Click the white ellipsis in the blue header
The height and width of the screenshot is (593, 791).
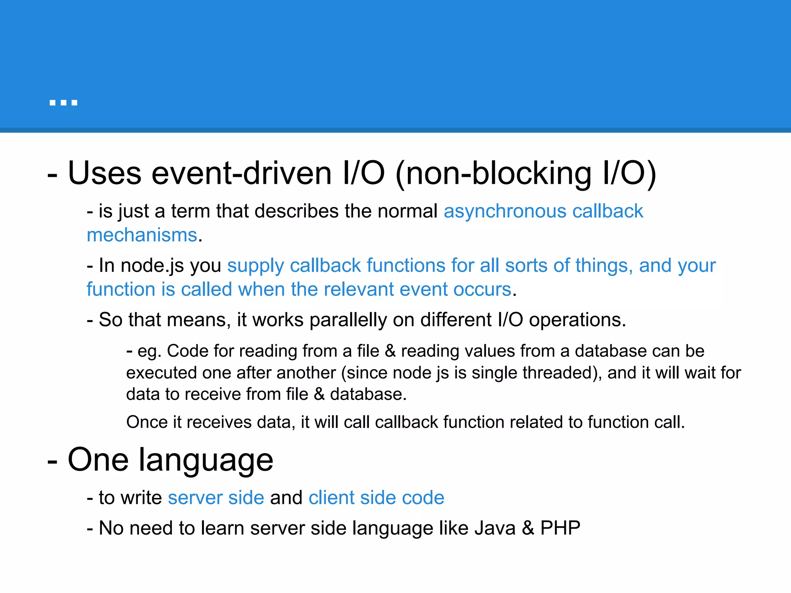click(x=63, y=103)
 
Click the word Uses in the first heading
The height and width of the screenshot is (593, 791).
click(x=105, y=173)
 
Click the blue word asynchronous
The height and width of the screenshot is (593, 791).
click(x=504, y=212)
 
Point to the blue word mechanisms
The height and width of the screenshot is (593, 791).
click(x=142, y=235)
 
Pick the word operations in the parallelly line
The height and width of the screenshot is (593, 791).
click(x=577, y=320)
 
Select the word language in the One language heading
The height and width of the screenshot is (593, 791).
click(x=206, y=460)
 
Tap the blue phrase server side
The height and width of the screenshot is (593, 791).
click(x=216, y=498)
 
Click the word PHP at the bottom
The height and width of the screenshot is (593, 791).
click(x=560, y=528)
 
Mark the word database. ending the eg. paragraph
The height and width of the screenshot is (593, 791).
click(x=368, y=394)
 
